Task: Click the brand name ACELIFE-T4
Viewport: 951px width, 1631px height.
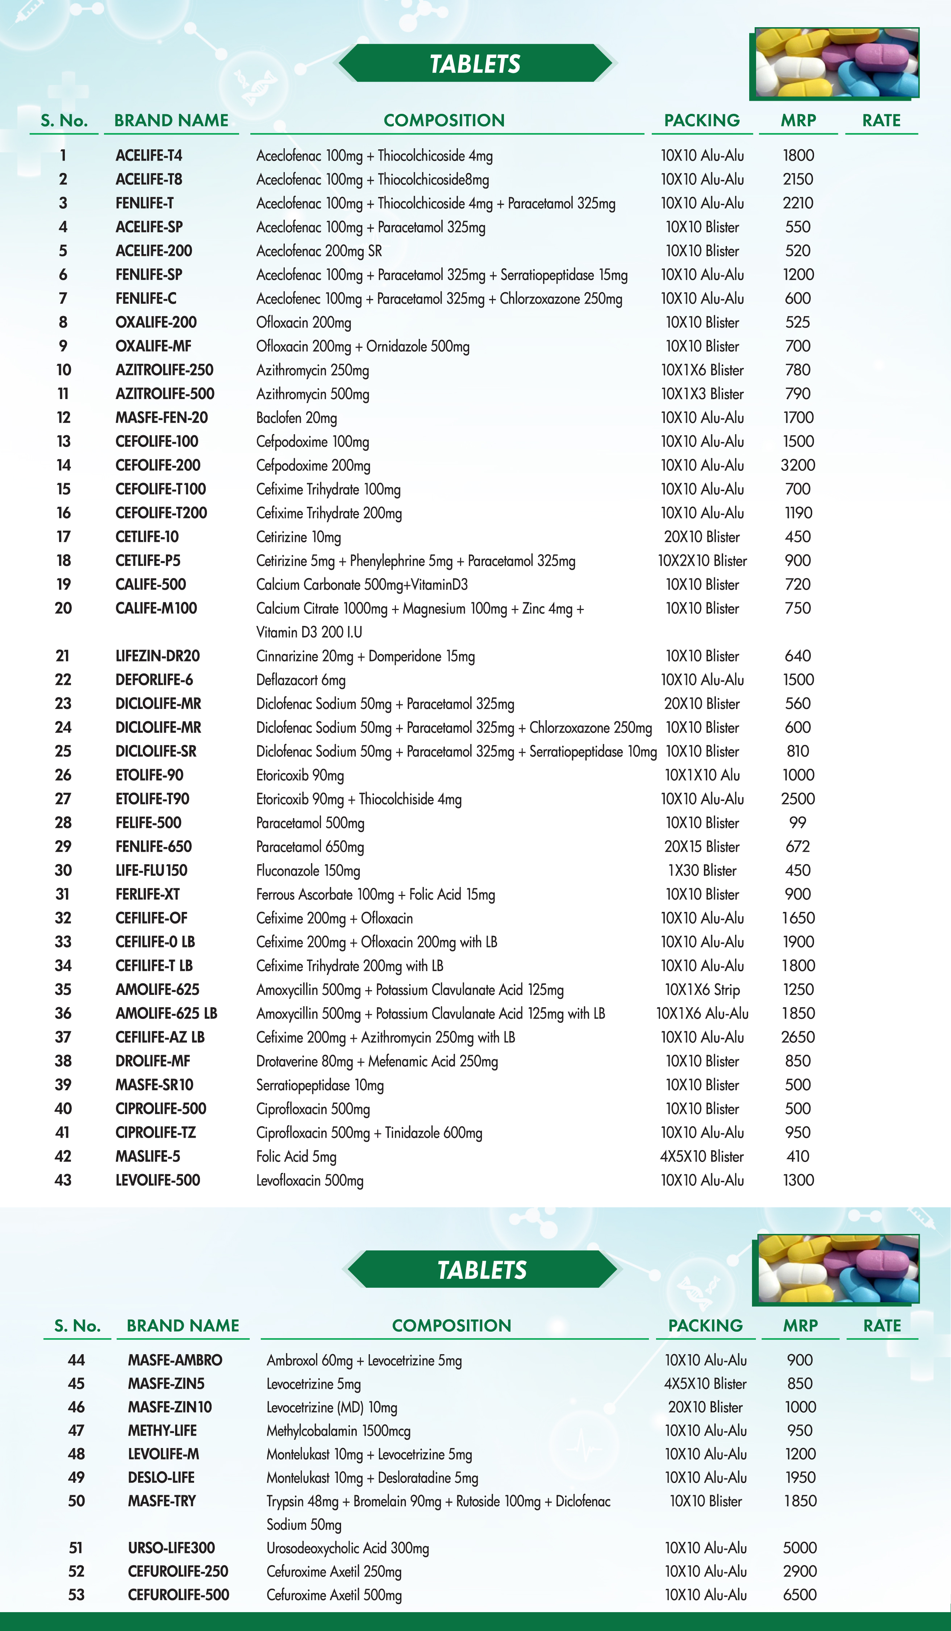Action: pos(149,155)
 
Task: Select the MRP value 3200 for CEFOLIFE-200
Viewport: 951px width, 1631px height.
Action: pos(798,465)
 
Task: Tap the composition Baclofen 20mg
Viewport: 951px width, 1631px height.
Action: pos(296,418)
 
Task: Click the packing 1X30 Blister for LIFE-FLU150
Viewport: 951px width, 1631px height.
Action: pos(702,871)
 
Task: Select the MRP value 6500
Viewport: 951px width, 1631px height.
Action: pos(800,1595)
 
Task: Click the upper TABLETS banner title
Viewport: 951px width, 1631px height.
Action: pos(475,64)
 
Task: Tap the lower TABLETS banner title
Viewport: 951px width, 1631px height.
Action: pos(482,1270)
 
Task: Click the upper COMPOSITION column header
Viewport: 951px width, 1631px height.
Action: pos(444,120)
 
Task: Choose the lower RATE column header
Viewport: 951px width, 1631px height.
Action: pos(882,1325)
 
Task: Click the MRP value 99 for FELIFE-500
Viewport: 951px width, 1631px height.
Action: pos(798,823)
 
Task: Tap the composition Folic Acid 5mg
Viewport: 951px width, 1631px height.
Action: pos(296,1157)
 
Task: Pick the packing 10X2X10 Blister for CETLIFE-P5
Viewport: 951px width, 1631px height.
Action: pos(702,560)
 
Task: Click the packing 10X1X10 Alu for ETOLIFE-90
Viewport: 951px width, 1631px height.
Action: pos(702,775)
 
